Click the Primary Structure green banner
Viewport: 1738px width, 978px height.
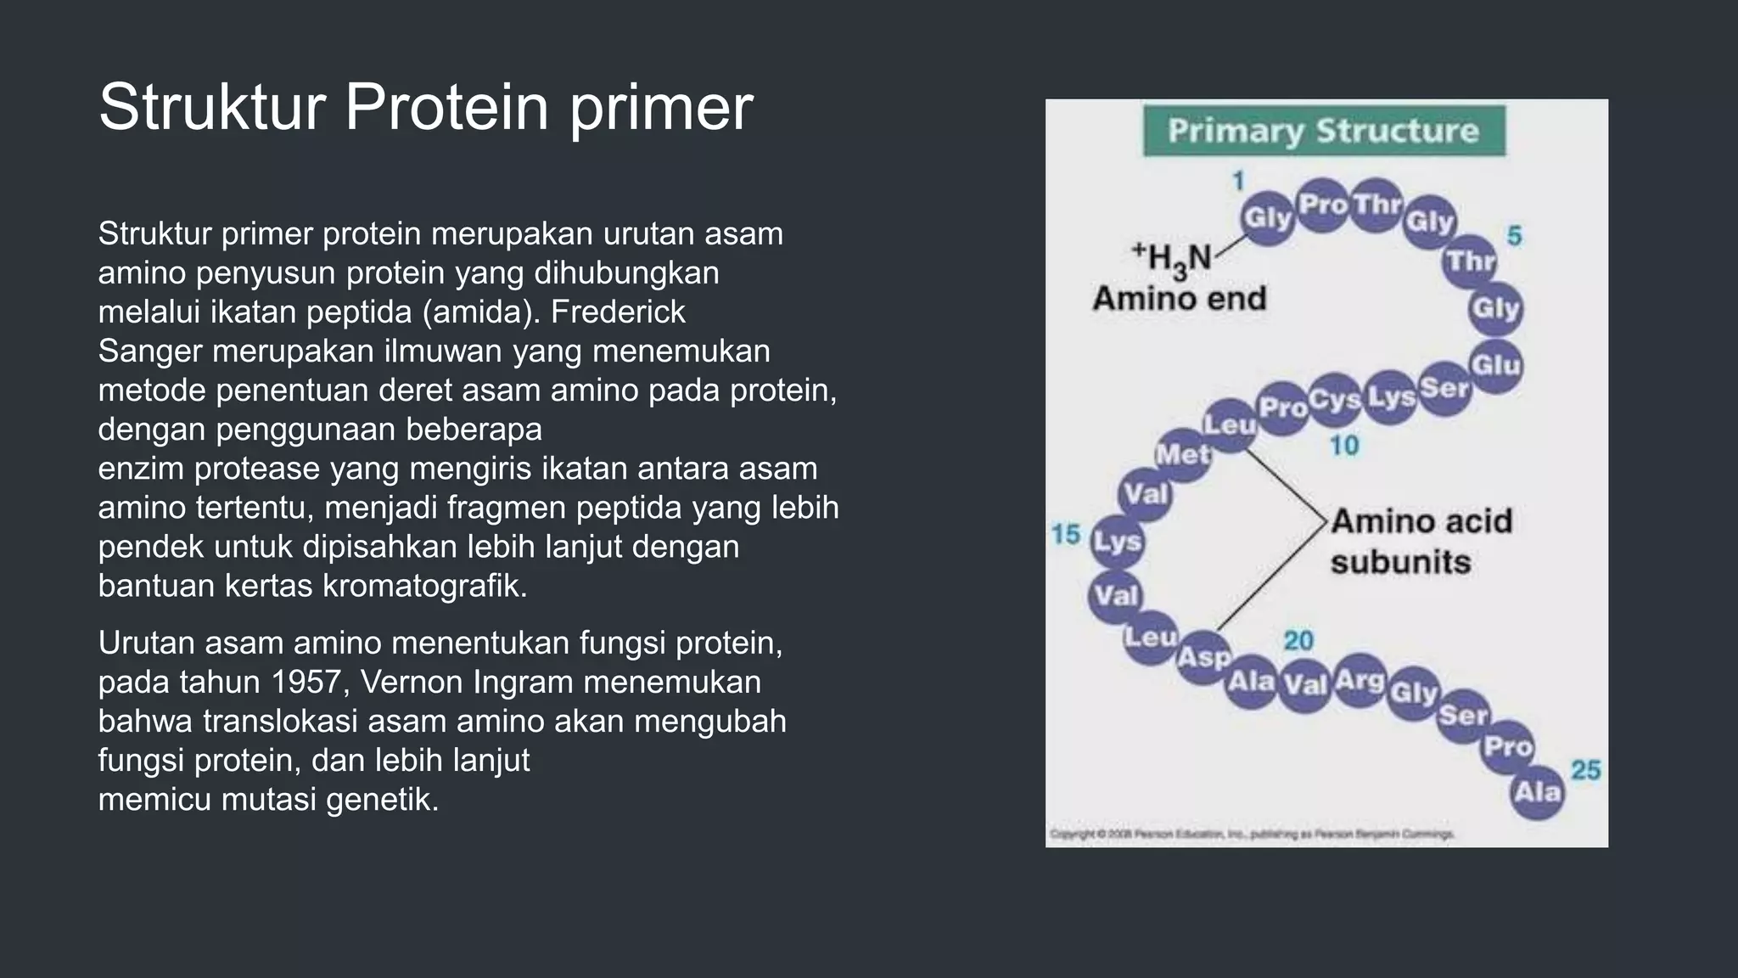(1324, 131)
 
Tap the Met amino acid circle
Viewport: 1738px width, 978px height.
(1183, 455)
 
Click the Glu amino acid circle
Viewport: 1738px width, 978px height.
(1495, 365)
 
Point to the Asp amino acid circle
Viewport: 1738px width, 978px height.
(1203, 658)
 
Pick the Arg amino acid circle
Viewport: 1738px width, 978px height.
(1360, 680)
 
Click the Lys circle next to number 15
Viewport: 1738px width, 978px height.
(1117, 542)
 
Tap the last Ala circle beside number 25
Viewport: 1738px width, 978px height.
(1537, 793)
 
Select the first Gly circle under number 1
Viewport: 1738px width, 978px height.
(1267, 218)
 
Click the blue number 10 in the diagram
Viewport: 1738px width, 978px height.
(1344, 446)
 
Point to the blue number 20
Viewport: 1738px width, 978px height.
(1298, 641)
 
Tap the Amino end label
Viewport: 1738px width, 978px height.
(1180, 299)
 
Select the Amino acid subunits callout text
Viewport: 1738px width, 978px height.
(1420, 541)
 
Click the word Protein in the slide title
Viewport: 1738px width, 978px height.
(446, 108)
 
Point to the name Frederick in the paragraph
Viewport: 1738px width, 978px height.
(618, 312)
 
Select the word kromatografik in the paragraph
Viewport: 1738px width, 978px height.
(425, 586)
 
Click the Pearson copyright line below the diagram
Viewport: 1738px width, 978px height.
(1253, 835)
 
